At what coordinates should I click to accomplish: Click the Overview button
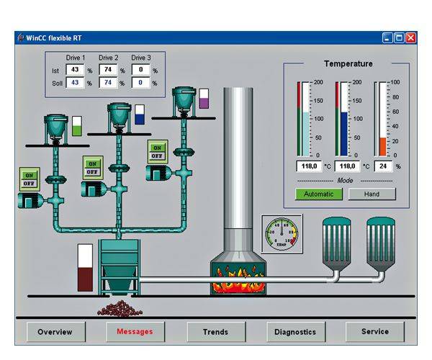click(55, 332)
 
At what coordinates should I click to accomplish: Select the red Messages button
click(135, 332)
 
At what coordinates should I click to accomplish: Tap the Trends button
click(215, 332)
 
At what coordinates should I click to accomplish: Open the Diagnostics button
click(296, 332)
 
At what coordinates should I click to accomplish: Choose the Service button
click(374, 332)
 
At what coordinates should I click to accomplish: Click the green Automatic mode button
click(319, 194)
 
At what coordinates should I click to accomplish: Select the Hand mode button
click(372, 194)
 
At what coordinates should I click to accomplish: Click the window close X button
click(411, 37)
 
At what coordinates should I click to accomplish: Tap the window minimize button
click(388, 37)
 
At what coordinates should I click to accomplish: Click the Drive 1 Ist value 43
click(75, 71)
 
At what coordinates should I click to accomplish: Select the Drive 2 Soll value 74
click(107, 83)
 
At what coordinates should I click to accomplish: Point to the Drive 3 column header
click(141, 58)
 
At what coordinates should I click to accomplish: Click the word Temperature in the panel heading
click(348, 63)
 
